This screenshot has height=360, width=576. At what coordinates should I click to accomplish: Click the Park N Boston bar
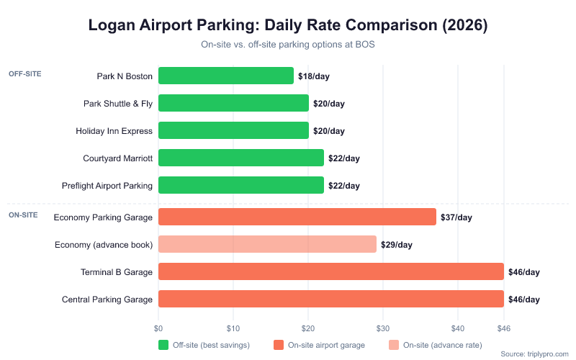226,76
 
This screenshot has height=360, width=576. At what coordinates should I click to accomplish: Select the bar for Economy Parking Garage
297,217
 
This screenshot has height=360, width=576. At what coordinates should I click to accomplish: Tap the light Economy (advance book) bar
267,244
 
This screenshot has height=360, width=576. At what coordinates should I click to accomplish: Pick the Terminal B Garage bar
330,271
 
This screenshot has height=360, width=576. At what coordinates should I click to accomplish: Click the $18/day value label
314,76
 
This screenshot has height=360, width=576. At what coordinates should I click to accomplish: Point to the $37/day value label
456,217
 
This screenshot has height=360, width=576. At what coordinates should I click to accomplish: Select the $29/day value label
396,244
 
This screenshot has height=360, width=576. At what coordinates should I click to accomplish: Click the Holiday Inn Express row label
114,131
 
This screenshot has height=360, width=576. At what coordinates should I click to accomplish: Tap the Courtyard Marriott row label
118,158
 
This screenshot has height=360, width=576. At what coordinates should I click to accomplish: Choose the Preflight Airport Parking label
108,186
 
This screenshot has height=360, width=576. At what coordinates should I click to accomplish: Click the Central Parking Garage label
107,300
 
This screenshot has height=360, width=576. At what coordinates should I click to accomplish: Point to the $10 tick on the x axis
233,328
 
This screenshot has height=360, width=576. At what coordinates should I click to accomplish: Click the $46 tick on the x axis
504,328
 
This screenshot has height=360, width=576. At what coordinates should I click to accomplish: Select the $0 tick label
158,328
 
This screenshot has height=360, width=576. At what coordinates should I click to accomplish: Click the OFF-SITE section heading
24,73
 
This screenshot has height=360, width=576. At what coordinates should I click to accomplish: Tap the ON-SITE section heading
23,215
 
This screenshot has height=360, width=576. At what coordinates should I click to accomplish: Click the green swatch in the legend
163,345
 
